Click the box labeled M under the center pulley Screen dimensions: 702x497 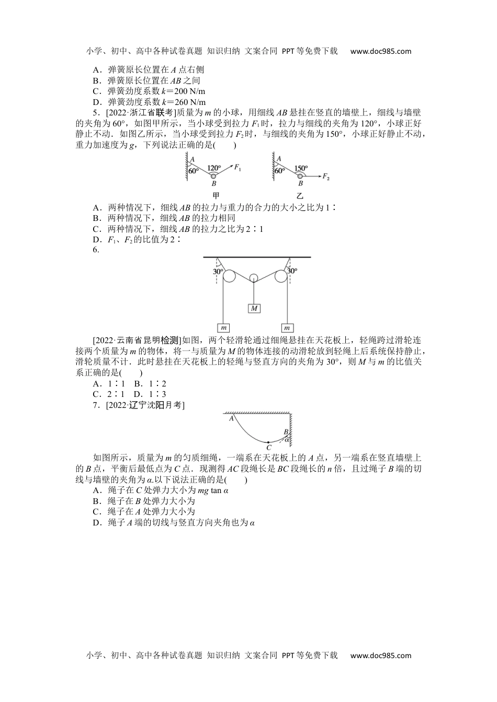254,308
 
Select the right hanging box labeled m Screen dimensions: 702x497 287,327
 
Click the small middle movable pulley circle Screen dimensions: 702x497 253,277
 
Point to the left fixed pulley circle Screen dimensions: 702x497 229,275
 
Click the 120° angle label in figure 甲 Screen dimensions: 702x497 214,168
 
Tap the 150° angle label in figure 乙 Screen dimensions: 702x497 300,168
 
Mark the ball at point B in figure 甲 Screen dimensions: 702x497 213,177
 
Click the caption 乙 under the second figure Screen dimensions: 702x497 300,196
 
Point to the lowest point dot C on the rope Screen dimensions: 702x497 268,442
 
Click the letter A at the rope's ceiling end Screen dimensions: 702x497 231,417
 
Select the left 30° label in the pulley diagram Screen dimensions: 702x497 218,272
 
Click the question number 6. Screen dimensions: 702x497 96,250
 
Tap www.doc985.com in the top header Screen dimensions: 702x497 380,51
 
